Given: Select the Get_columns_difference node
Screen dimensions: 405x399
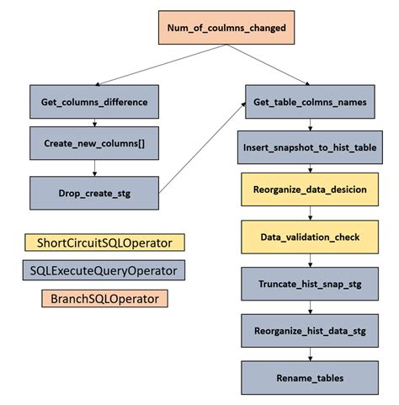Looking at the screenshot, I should [x=94, y=101].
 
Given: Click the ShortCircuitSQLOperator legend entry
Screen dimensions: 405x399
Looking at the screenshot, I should [x=104, y=242].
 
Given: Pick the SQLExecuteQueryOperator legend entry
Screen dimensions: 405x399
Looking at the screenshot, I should [x=104, y=270].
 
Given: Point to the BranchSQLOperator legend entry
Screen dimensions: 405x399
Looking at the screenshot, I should [x=104, y=298].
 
